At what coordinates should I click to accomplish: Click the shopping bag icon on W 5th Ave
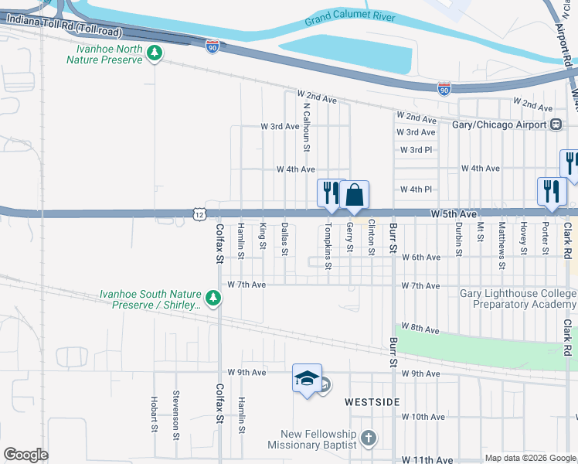[355, 193]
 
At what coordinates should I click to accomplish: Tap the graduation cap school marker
[307, 377]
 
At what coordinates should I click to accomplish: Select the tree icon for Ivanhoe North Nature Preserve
[155, 53]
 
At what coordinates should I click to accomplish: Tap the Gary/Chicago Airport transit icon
[556, 125]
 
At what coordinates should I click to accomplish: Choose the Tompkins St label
[328, 246]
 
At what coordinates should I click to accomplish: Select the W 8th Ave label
[423, 329]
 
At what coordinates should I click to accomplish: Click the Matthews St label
[501, 239]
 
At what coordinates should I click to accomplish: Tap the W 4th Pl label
[416, 189]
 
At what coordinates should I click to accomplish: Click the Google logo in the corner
[26, 455]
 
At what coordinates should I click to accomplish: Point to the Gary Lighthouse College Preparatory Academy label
[518, 299]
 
